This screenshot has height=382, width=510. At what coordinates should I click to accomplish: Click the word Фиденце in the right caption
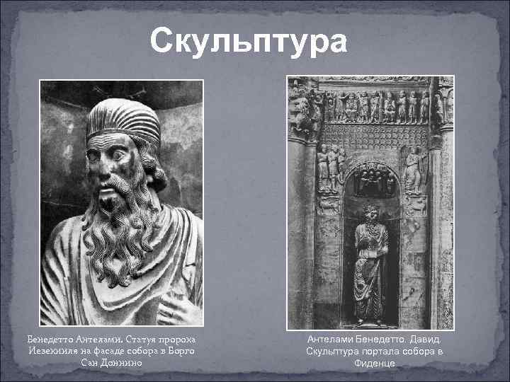coord(375,364)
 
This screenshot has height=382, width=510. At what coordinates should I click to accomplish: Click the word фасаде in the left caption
coord(113,352)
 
